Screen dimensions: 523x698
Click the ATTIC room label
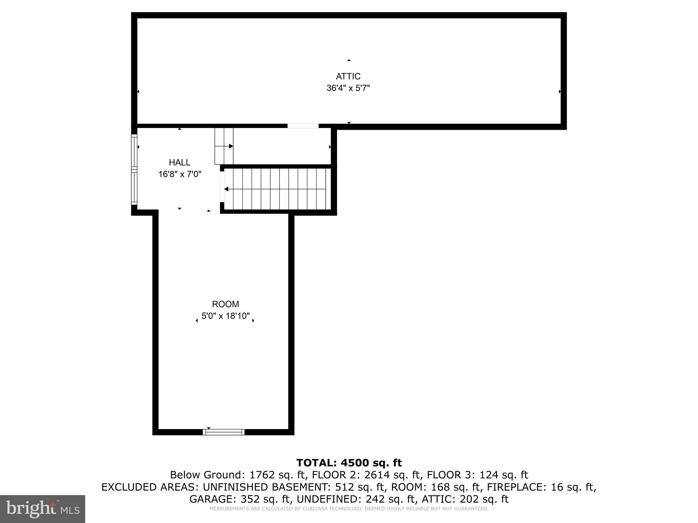pyautogui.click(x=348, y=76)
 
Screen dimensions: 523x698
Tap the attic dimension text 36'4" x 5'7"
pyautogui.click(x=348, y=88)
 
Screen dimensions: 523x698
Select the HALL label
pyautogui.click(x=180, y=162)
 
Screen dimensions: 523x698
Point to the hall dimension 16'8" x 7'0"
pyautogui.click(x=180, y=174)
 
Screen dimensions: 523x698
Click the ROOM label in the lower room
pyautogui.click(x=225, y=304)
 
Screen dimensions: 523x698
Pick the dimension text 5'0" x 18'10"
pyautogui.click(x=225, y=316)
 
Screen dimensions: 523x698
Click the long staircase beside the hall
pyautogui.click(x=278, y=189)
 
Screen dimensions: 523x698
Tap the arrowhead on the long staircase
pyautogui.click(x=226, y=189)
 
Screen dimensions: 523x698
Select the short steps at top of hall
pyautogui.click(x=224, y=146)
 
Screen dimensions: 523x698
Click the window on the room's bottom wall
pyautogui.click(x=224, y=432)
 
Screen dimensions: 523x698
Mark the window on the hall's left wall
pyautogui.click(x=134, y=170)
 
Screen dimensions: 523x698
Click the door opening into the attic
pyautogui.click(x=303, y=126)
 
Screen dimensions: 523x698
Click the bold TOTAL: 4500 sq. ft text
pyautogui.click(x=349, y=463)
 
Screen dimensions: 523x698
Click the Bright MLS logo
pyautogui.click(x=43, y=509)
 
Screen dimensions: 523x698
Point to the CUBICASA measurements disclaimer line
pyautogui.click(x=349, y=509)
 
